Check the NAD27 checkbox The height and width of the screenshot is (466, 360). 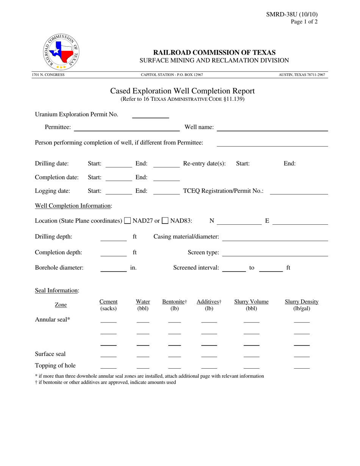128,220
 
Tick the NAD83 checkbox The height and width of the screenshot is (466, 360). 165,220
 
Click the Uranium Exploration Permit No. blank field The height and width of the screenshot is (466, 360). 150,115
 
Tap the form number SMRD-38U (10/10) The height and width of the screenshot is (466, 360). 292,14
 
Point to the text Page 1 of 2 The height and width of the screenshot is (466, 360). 304,22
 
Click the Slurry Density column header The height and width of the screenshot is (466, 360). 301,305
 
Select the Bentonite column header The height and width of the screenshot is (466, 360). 174,305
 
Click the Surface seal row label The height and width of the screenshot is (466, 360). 50,354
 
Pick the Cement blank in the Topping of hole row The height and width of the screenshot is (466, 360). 108,366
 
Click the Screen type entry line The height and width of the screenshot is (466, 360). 275,253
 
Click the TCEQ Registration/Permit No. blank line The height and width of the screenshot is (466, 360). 299,192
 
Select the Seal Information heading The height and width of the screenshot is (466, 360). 57,291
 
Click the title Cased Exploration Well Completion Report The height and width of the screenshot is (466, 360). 182,91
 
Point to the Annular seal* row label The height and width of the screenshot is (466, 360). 53,319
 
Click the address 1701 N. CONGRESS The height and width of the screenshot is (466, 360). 48,75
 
